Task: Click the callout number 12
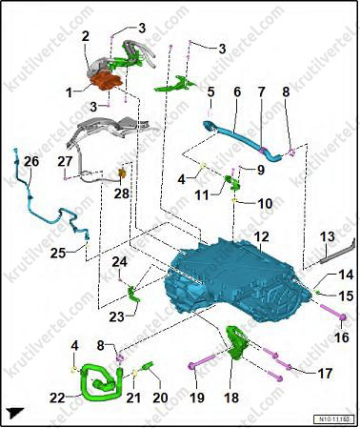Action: click(261, 236)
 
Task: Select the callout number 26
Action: click(31, 161)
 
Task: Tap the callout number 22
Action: click(58, 397)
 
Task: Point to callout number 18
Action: click(231, 397)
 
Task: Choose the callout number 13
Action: click(327, 236)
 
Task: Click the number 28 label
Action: click(122, 193)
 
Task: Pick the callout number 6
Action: click(237, 92)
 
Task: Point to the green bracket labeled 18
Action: click(237, 343)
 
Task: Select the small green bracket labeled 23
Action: click(133, 294)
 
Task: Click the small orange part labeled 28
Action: click(122, 173)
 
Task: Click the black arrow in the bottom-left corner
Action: click(16, 412)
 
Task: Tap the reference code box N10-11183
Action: click(333, 419)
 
